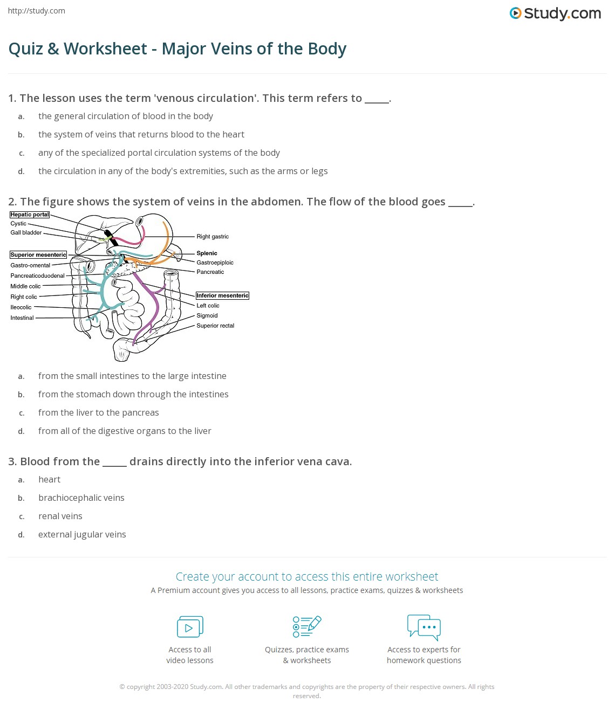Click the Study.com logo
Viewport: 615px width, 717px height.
[555, 13]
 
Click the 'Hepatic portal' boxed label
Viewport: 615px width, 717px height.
[30, 215]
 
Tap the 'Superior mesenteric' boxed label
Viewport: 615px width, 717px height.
[38, 254]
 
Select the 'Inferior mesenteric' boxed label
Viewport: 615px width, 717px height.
[222, 295]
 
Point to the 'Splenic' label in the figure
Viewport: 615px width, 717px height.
[207, 253]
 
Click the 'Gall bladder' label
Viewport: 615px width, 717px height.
[26, 232]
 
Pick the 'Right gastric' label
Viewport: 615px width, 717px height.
[213, 237]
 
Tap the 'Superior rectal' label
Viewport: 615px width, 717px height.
[215, 326]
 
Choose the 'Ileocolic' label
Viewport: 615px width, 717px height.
[21, 307]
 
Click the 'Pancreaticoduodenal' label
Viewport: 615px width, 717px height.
[37, 275]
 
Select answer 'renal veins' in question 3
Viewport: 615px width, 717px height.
[60, 516]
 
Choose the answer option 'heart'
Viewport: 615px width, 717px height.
[49, 479]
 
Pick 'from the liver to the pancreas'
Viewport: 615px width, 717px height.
[98, 412]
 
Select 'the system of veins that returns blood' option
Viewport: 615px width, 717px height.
[141, 134]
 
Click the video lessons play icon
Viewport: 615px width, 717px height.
[190, 627]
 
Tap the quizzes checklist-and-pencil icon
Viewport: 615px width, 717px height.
[307, 626]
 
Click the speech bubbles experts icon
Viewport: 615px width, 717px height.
[424, 627]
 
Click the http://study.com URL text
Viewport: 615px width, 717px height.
[37, 11]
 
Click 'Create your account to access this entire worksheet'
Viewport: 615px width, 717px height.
[307, 576]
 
